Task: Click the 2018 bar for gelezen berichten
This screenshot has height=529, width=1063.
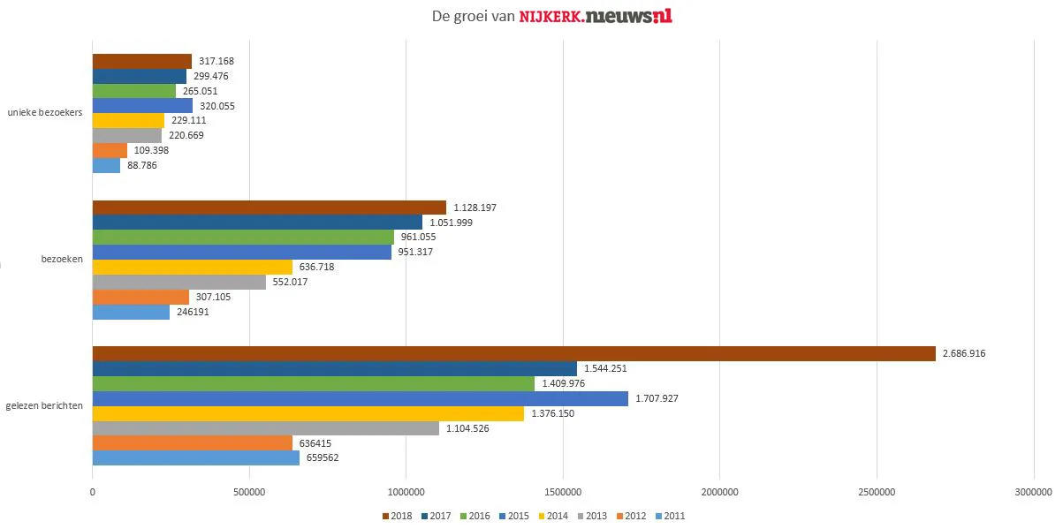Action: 513,353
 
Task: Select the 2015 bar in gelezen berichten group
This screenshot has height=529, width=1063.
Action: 360,398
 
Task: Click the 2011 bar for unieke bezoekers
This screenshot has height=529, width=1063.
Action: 106,165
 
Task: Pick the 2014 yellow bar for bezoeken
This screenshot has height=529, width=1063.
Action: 192,267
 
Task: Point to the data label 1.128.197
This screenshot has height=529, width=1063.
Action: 475,208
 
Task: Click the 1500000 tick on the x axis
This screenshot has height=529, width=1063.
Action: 563,492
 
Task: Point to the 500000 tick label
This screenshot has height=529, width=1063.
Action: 249,492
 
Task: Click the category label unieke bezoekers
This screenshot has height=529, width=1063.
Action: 45,112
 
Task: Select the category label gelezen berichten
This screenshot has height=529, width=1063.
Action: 44,405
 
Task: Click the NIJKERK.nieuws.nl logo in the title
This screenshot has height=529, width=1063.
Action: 595,16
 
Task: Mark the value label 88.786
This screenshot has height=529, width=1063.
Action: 142,165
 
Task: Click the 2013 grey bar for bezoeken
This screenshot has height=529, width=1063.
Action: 179,282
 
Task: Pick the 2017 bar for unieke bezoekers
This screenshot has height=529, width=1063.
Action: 140,76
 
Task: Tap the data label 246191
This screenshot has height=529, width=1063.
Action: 194,312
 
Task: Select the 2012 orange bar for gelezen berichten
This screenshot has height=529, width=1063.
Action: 192,442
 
